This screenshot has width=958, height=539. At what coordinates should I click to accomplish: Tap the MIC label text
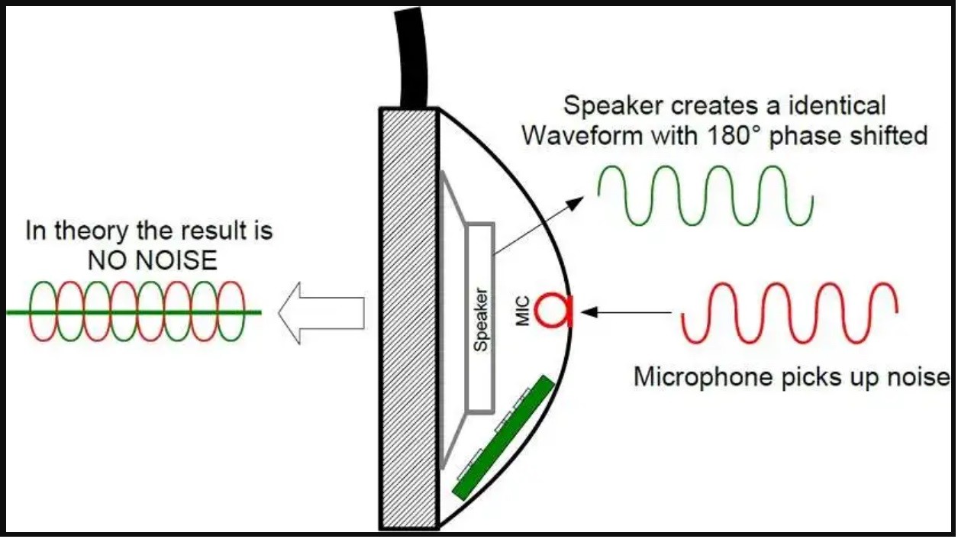(523, 311)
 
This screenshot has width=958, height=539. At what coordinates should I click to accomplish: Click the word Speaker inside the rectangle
(480, 319)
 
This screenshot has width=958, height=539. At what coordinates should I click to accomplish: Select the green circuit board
(503, 437)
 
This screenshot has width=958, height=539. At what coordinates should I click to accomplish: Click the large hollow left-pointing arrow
(321, 311)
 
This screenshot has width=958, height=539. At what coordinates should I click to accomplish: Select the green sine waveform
(705, 195)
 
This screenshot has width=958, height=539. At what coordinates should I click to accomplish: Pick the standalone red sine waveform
(789, 312)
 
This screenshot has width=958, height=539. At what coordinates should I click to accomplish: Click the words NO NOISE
(153, 261)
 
